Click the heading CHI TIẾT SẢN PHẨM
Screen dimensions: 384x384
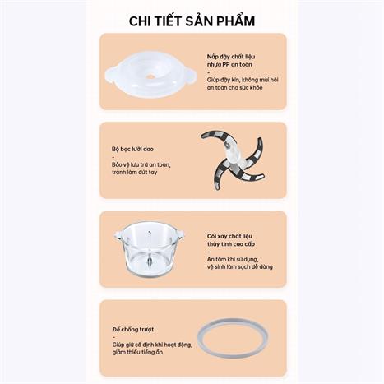coord(192,21)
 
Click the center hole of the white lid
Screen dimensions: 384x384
coord(150,76)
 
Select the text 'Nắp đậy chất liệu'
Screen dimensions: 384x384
coord(231,57)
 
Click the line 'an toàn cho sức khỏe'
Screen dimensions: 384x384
coord(235,88)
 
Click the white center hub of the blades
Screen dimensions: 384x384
coord(232,156)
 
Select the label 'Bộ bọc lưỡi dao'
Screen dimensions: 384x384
coord(132,149)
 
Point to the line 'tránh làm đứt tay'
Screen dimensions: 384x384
coord(135,173)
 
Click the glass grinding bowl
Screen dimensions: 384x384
coord(150,250)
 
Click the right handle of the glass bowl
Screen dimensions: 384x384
coord(180,234)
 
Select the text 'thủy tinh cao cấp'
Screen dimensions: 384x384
coord(231,243)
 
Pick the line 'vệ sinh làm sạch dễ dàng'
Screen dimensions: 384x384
coord(240,266)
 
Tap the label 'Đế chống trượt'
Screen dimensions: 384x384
coord(133,329)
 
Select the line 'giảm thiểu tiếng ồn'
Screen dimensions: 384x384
coord(137,352)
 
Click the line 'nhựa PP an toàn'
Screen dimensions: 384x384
coord(229,65)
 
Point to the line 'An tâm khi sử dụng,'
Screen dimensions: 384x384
coord(233,259)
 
